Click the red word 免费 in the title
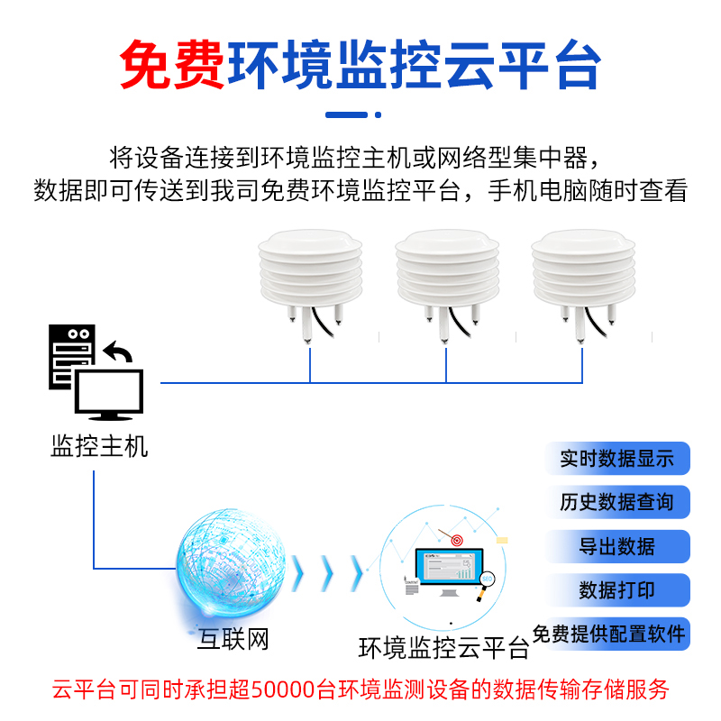point(172,64)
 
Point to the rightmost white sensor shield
point(578,270)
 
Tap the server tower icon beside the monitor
point(71,357)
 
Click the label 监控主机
point(99,445)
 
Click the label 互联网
point(233,641)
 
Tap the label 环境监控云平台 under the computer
point(444,647)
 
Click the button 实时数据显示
point(617,459)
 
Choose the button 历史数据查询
point(617,502)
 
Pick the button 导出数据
point(617,546)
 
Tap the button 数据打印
point(617,590)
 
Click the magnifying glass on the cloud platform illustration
point(489,583)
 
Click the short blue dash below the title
point(347,114)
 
